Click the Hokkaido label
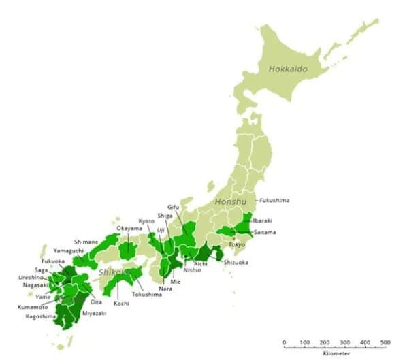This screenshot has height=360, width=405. [x=288, y=69]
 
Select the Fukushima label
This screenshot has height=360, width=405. [x=274, y=200]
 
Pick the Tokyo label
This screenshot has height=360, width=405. [x=236, y=244]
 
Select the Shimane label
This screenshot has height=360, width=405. [x=86, y=242]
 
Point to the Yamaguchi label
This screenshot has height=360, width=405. [x=67, y=250]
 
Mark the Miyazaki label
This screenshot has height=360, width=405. [x=94, y=312]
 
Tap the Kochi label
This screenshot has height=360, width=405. [x=122, y=303]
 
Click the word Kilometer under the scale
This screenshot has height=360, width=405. [x=336, y=354]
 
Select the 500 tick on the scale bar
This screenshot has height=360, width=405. [x=385, y=342]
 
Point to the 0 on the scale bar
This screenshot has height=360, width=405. [x=284, y=342]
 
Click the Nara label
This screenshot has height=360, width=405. [x=165, y=289]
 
